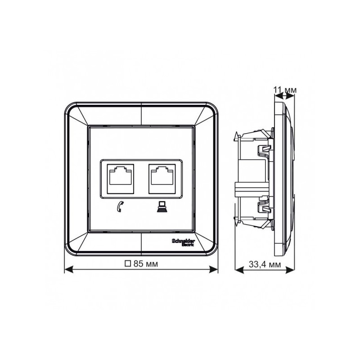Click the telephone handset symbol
click(119, 207)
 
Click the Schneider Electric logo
click(184, 242)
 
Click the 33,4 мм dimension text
click(265, 265)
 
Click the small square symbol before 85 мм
click(128, 264)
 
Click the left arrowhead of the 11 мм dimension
click(276, 95)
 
